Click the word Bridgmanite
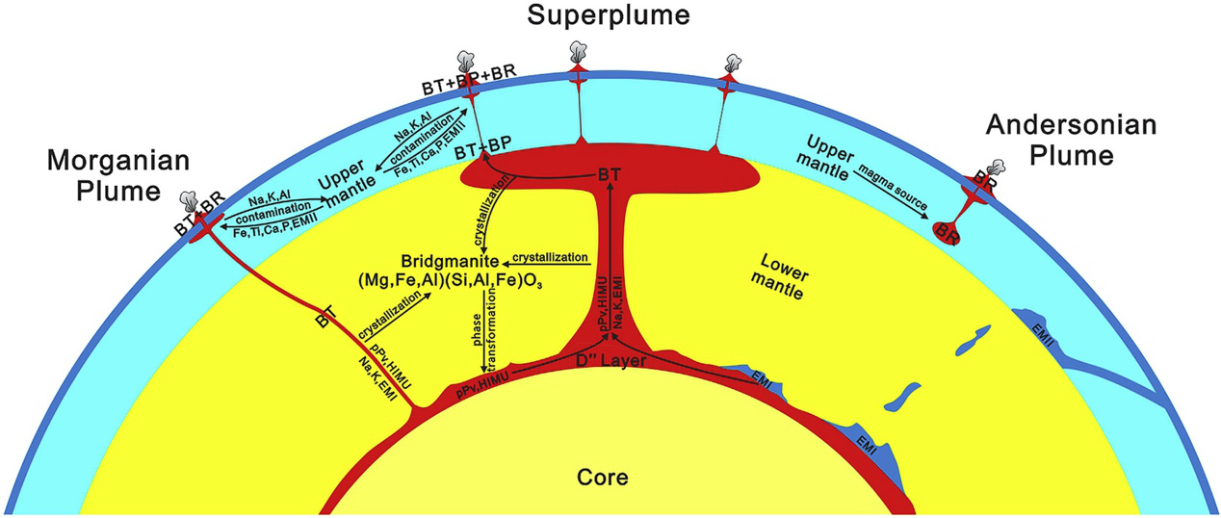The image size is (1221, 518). click(x=451, y=261)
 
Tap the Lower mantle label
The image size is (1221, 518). click(x=787, y=272)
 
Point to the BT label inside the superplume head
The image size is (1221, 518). click(x=608, y=174)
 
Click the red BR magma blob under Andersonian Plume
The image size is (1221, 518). click(x=948, y=229)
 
